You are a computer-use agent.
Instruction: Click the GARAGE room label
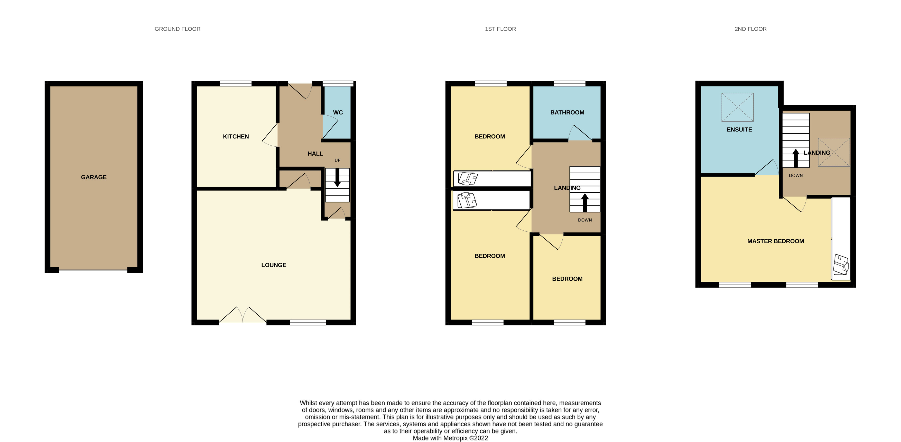click(x=94, y=177)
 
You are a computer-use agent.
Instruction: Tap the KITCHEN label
click(x=236, y=137)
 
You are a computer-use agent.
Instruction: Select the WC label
click(x=338, y=112)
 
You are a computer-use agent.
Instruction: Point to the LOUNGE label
click(x=274, y=265)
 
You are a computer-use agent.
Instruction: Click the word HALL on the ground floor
click(x=315, y=154)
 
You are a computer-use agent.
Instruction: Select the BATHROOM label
click(x=567, y=112)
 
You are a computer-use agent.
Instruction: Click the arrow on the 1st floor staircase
click(x=585, y=203)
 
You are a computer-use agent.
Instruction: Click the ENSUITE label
click(x=739, y=130)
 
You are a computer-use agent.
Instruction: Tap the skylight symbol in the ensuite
click(x=738, y=107)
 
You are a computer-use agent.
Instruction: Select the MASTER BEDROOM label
click(x=776, y=241)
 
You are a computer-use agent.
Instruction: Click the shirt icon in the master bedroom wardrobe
click(x=841, y=265)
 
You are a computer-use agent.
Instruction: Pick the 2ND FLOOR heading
click(x=751, y=29)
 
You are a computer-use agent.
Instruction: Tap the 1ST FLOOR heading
click(x=500, y=29)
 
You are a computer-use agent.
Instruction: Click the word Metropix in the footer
click(x=456, y=438)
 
